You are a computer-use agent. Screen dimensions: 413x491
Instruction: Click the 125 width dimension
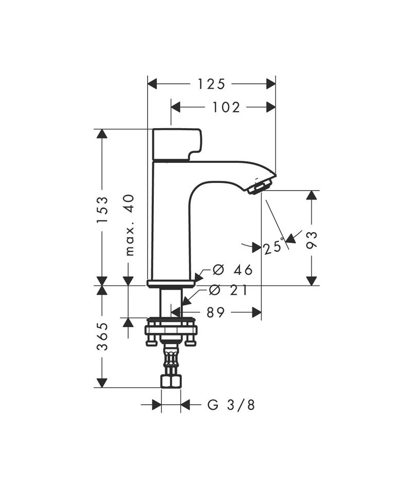tap(211, 84)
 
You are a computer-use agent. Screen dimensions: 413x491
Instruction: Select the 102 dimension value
tap(226, 108)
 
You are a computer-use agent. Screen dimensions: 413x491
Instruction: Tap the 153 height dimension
tap(102, 209)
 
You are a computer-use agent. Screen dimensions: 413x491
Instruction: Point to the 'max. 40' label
tap(130, 225)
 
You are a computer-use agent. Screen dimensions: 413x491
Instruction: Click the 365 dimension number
tap(102, 336)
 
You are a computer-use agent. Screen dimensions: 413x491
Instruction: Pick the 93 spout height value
tap(311, 240)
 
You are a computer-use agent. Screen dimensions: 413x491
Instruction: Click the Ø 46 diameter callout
tap(232, 270)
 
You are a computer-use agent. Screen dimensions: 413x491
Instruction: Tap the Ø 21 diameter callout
tap(228, 290)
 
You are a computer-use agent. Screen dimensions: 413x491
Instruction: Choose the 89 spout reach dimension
tap(216, 312)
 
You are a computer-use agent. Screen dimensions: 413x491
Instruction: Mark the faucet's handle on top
tap(177, 144)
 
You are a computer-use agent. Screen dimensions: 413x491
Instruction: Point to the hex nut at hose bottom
tap(171, 381)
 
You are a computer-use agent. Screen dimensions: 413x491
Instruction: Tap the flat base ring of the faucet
tap(171, 283)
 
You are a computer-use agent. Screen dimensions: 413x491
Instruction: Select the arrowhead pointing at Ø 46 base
tap(198, 278)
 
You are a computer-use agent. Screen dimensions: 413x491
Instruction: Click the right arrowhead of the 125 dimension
tap(271, 84)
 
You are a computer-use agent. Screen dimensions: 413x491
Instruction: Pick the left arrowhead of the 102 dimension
tap(176, 107)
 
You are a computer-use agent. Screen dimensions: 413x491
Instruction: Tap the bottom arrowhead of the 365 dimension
tap(102, 382)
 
